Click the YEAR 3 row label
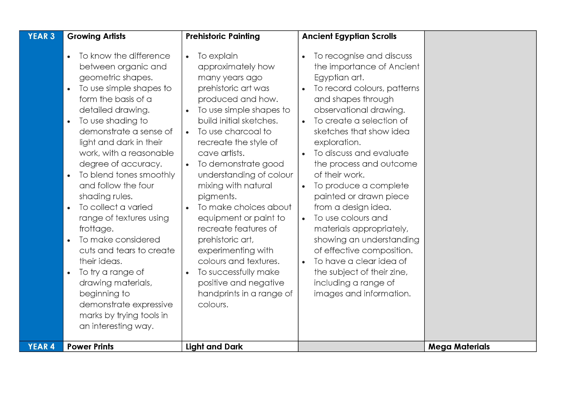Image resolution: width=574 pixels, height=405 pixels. [41, 36]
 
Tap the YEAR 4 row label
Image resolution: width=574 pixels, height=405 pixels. [41, 347]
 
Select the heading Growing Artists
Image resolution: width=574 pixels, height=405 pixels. [96, 36]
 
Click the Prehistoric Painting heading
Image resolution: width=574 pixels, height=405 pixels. [222, 36]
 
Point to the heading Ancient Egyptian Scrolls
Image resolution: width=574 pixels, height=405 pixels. [349, 36]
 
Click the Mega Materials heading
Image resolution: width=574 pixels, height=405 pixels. [459, 347]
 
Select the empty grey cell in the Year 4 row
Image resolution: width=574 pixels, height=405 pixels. [361, 347]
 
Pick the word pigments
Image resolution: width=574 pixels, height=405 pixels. [217, 197]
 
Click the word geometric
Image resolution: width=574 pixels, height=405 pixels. [96, 78]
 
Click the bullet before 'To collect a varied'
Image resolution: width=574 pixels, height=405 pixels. [69, 208]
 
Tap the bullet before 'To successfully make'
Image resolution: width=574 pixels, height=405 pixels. [187, 273]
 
